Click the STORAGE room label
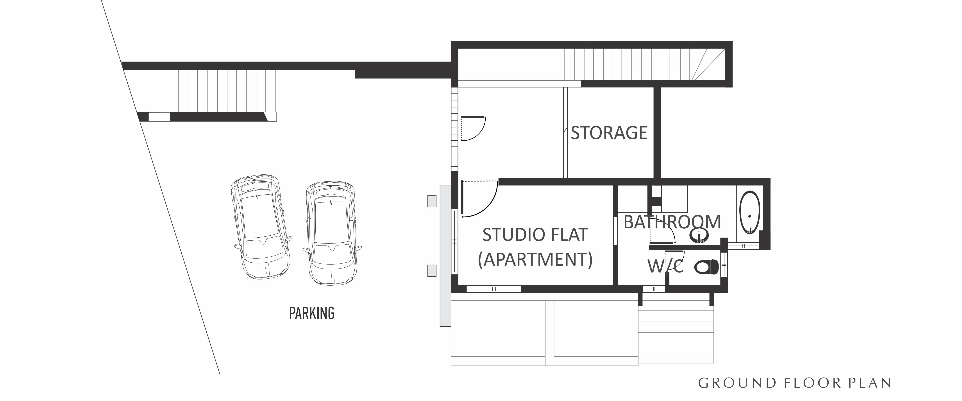point(609,133)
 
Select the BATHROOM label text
point(672,222)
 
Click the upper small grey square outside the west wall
point(432,201)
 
